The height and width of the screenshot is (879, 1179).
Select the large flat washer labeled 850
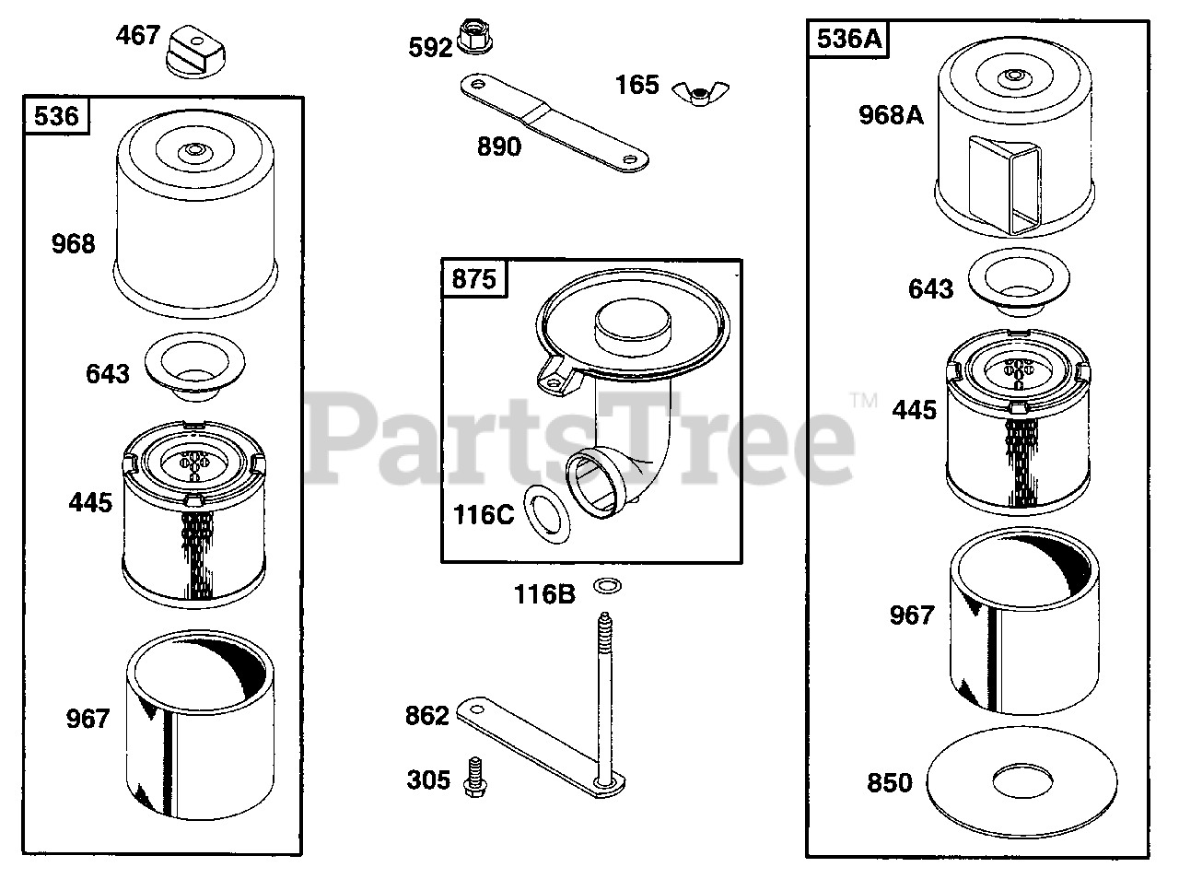[x=1022, y=781]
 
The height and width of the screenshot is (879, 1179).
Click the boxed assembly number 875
[x=474, y=278]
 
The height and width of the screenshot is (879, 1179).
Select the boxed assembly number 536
[x=57, y=117]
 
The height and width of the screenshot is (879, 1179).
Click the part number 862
[x=426, y=716]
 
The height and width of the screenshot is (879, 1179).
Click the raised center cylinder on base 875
[x=634, y=326]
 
